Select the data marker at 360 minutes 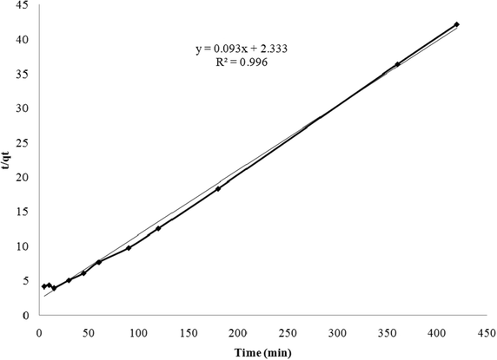point(397,64)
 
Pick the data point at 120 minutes point(158,228)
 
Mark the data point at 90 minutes point(129,248)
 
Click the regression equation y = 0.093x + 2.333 point(242,49)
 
